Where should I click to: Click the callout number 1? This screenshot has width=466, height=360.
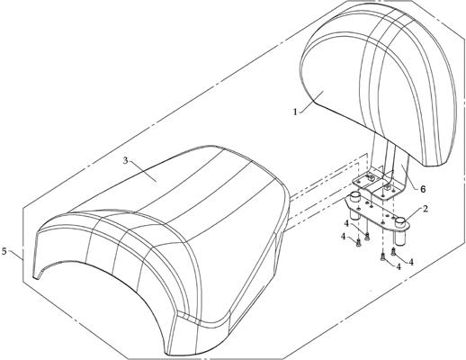pos(295,112)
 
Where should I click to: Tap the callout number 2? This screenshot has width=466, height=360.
pos(426,209)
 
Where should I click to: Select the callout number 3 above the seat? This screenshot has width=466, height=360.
pos(125,160)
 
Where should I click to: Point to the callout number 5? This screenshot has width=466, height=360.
pos(4,251)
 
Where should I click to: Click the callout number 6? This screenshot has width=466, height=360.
pos(423,189)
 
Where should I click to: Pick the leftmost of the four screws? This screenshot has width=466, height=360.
pos(358,243)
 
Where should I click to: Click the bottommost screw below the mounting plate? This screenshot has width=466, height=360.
pos(383,256)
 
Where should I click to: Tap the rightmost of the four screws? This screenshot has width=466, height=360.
pos(394,253)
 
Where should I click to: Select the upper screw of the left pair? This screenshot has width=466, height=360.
pos(366,237)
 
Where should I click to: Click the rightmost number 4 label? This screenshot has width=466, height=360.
pos(411,262)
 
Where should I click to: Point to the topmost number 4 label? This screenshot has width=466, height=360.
pos(346,223)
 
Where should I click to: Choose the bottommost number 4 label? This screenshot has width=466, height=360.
pos(399,266)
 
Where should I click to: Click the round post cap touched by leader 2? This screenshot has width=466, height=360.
pos(400,222)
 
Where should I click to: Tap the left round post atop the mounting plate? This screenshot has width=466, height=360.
pos(355,196)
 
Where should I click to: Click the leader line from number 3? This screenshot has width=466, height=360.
pos(143,171)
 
